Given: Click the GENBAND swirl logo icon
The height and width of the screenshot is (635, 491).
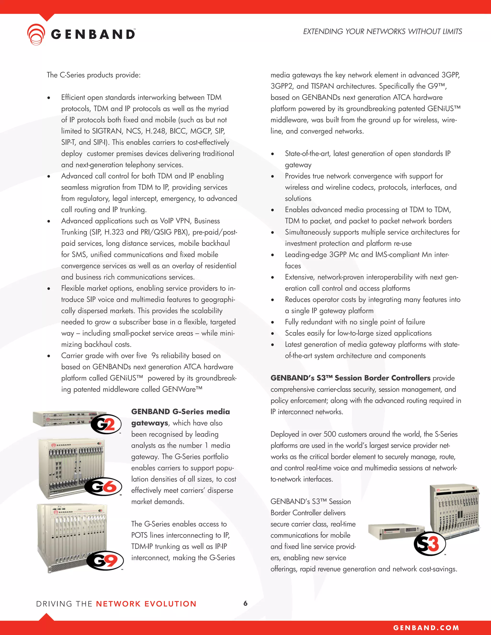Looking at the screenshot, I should (36, 34).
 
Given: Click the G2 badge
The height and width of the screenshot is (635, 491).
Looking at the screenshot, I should (106, 424).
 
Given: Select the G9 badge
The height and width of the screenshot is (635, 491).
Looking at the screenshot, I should (105, 560).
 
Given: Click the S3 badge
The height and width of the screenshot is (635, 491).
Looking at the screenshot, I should (430, 544).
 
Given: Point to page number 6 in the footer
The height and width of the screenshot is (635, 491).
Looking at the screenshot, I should (245, 603).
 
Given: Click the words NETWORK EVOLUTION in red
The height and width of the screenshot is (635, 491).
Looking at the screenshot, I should (146, 604).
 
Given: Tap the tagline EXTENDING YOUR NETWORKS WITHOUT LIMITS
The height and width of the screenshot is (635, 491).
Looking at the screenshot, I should (382, 31).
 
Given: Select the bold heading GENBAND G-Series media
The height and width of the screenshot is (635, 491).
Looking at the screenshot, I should (180, 412).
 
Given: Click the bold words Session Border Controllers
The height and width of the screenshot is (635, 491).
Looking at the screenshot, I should (382, 378).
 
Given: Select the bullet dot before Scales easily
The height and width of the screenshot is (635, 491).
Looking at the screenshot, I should (273, 334).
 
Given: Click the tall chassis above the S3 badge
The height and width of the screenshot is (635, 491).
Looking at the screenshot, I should (454, 509).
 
